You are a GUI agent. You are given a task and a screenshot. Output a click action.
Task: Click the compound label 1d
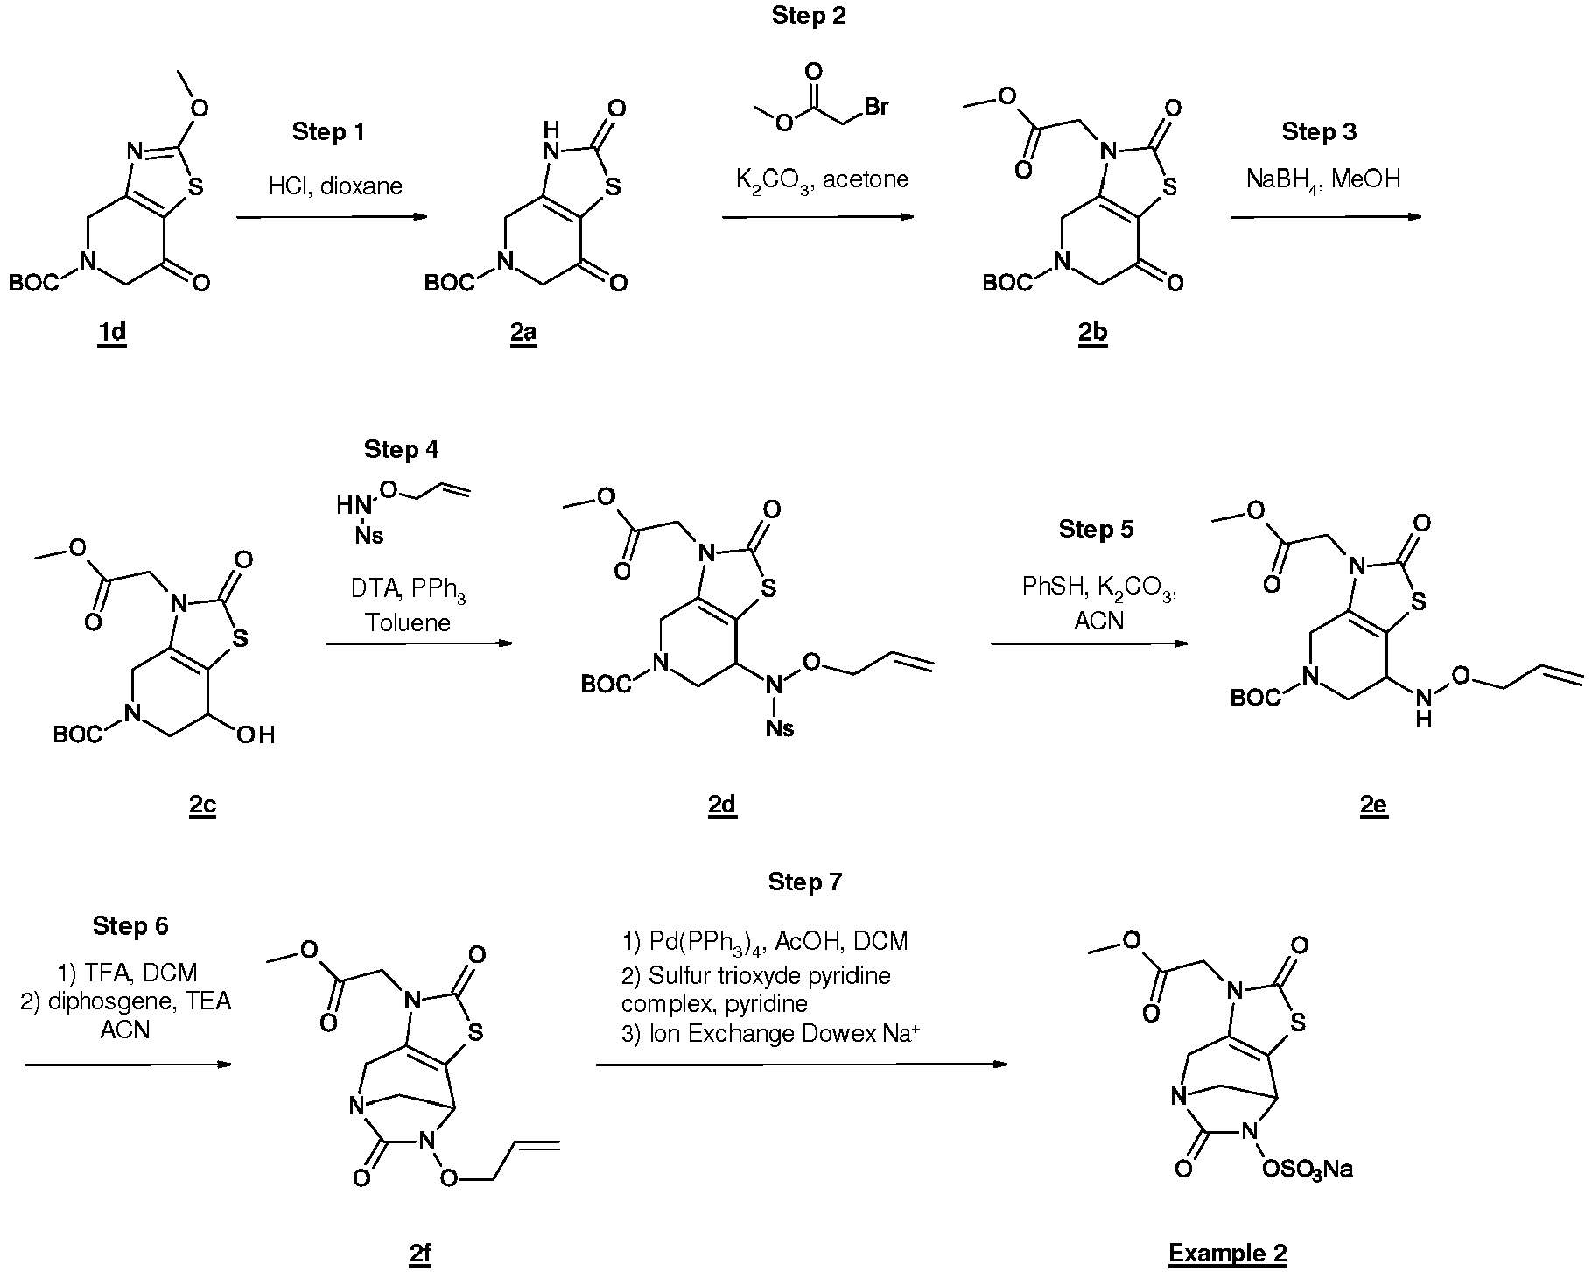click(x=112, y=335)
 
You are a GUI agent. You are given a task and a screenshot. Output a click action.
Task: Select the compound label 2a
click(x=523, y=335)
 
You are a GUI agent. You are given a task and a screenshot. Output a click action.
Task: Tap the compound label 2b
click(x=1092, y=335)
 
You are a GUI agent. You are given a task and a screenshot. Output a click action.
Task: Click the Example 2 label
click(x=1228, y=1254)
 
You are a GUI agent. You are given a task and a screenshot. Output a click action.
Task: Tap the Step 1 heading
click(x=327, y=132)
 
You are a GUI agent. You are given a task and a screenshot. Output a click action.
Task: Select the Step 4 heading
click(x=402, y=450)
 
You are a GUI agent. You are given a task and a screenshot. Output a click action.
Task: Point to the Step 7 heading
click(x=805, y=882)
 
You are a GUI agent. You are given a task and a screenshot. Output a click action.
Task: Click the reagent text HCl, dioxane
click(x=334, y=186)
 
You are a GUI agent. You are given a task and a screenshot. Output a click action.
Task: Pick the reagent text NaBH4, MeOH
click(x=1323, y=180)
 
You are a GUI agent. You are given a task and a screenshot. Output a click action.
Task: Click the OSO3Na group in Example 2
click(x=1309, y=1170)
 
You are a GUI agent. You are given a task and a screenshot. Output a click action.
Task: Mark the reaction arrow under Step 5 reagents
click(x=1090, y=644)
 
